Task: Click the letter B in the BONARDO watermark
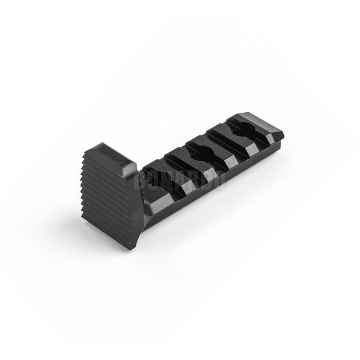(x=141, y=181)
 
